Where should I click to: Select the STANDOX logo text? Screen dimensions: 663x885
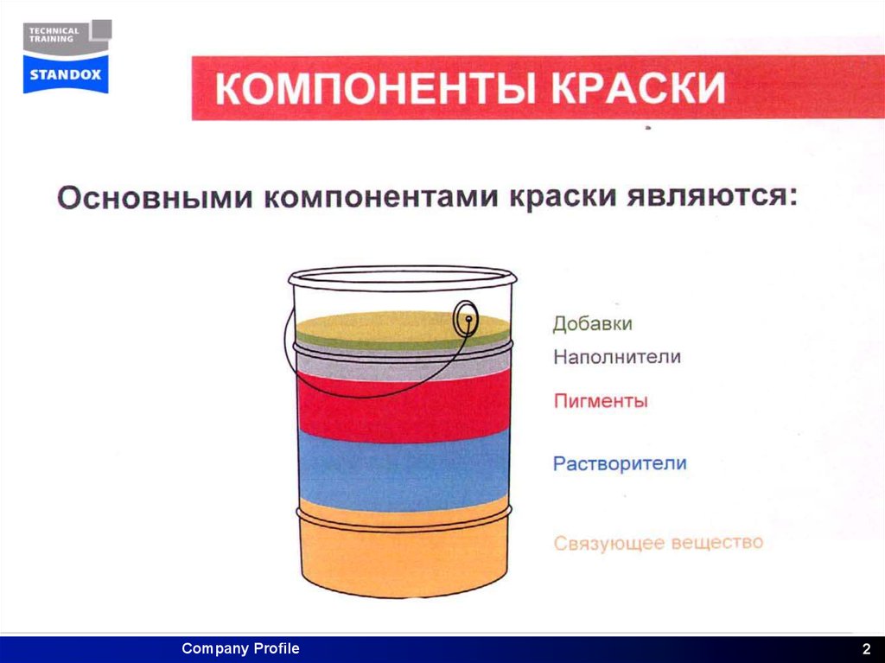click(x=66, y=74)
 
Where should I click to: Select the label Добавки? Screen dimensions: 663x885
click(x=593, y=324)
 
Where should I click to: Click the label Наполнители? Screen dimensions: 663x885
click(x=617, y=356)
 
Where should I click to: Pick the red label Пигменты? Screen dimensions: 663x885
click(x=600, y=402)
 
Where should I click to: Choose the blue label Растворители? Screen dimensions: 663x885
click(x=620, y=463)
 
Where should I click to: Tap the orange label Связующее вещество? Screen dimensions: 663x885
click(x=658, y=543)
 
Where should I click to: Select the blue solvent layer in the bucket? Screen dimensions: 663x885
click(x=402, y=471)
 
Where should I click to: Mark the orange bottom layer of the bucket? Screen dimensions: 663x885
click(x=402, y=558)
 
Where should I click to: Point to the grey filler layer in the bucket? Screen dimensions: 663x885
click(x=402, y=367)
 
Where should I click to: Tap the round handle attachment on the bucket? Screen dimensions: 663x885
click(x=466, y=320)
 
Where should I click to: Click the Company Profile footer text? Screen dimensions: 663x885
click(x=240, y=648)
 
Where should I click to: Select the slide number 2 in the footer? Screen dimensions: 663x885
click(x=865, y=649)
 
